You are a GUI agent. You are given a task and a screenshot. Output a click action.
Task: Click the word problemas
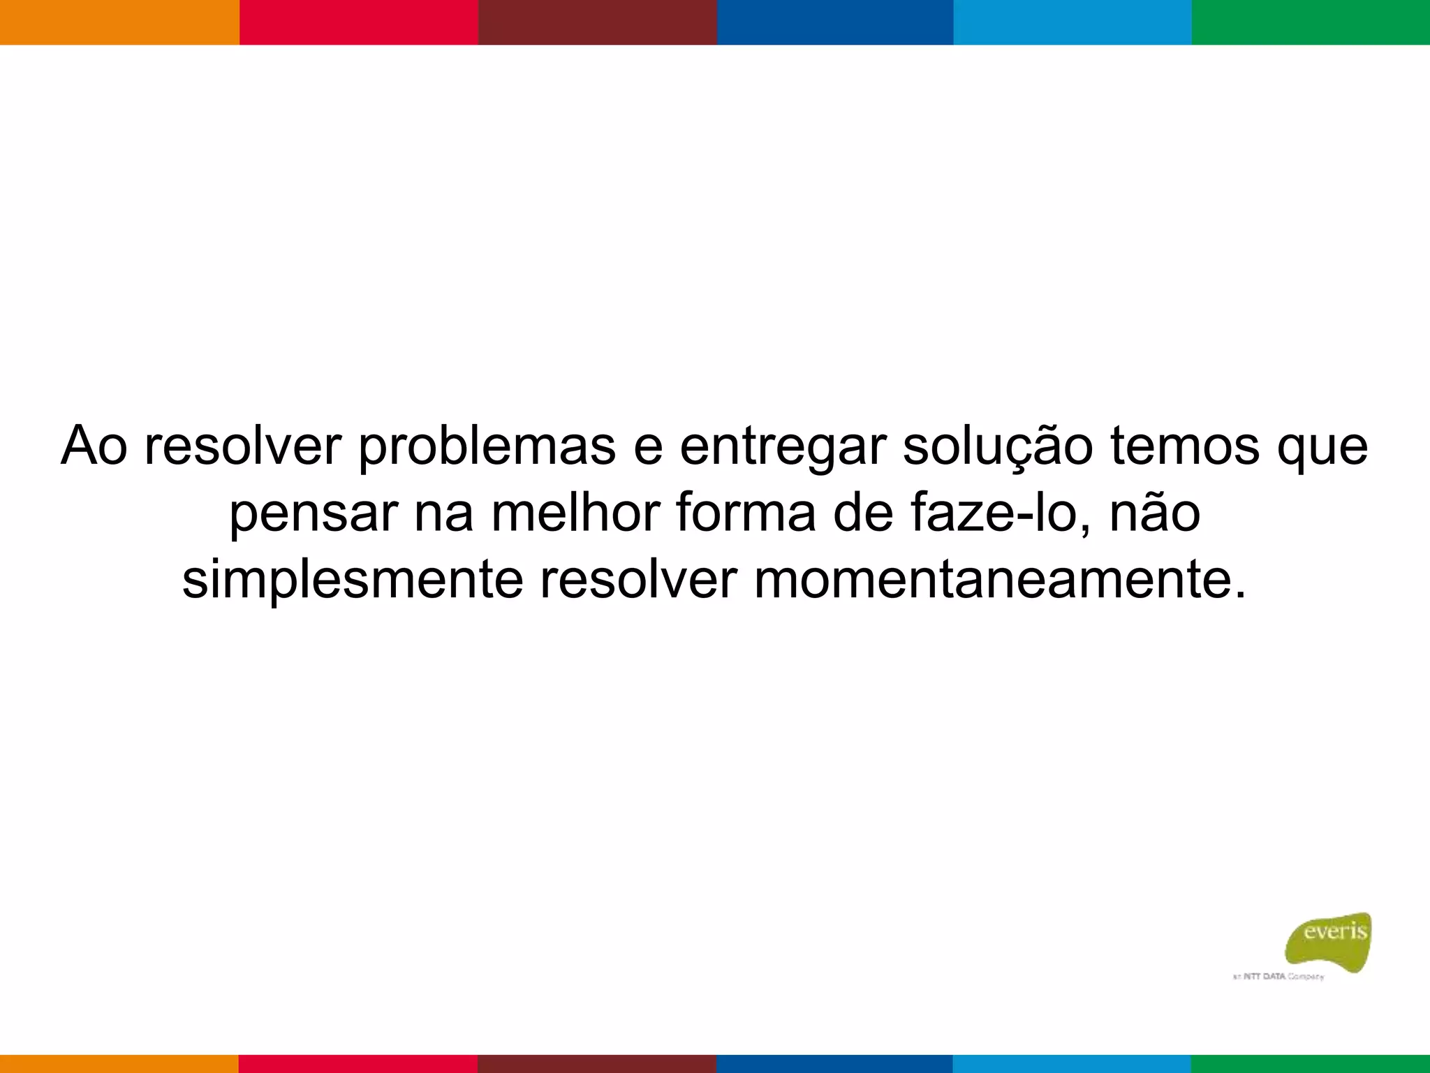[x=487, y=447]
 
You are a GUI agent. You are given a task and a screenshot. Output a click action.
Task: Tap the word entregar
[x=782, y=447]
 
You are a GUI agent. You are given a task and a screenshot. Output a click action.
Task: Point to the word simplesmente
[x=353, y=580]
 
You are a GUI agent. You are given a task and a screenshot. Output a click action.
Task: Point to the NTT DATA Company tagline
[x=1278, y=977]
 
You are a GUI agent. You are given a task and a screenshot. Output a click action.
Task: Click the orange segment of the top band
[x=119, y=22]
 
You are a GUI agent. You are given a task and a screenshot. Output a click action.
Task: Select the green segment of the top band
[x=1311, y=22]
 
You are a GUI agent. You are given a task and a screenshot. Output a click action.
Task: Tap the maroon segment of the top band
[x=597, y=22]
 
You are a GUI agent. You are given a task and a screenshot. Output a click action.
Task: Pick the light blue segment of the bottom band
[x=1072, y=1063]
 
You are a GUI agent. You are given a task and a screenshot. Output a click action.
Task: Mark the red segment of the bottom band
[x=358, y=1063]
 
